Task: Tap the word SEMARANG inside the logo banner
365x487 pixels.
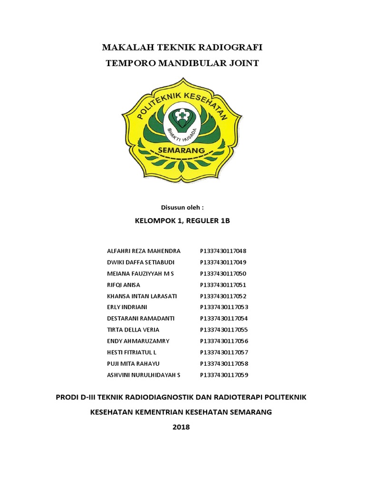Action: [182, 151]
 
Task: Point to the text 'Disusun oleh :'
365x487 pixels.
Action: [182, 207]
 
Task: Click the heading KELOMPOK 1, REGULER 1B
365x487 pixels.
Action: [182, 221]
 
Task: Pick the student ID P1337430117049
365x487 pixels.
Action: [223, 262]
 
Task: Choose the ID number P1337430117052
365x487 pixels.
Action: [223, 296]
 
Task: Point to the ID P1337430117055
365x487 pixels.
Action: [223, 330]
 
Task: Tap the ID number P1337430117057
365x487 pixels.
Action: [223, 352]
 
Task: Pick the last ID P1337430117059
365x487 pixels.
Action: [223, 375]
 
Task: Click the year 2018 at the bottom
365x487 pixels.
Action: [181, 427]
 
